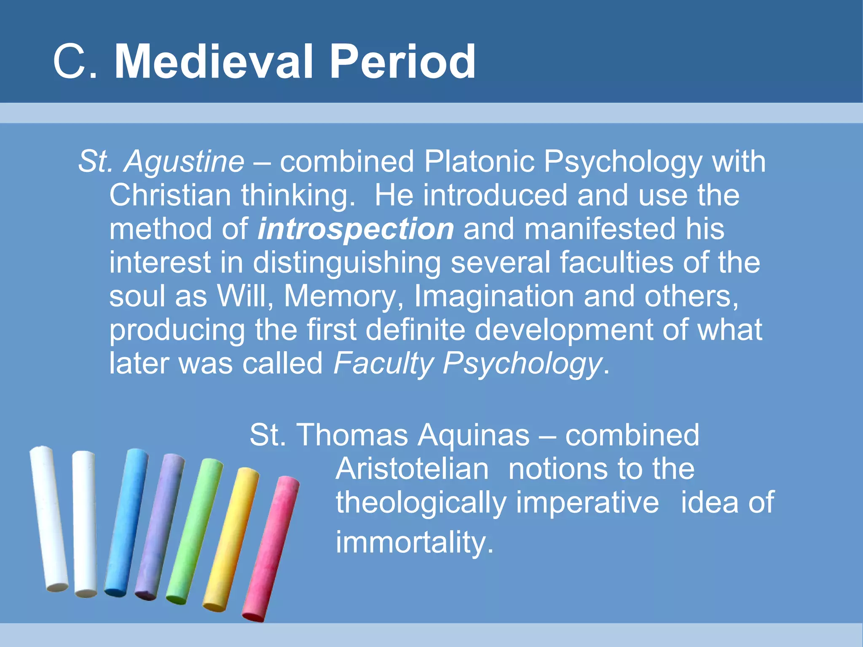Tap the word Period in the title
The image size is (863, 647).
[402, 62]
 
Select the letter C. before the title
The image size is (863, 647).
[75, 62]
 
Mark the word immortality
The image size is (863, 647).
[414, 542]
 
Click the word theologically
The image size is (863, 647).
[421, 503]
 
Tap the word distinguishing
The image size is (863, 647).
[346, 263]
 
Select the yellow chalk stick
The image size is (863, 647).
[231, 539]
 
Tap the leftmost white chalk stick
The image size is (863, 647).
[48, 518]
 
